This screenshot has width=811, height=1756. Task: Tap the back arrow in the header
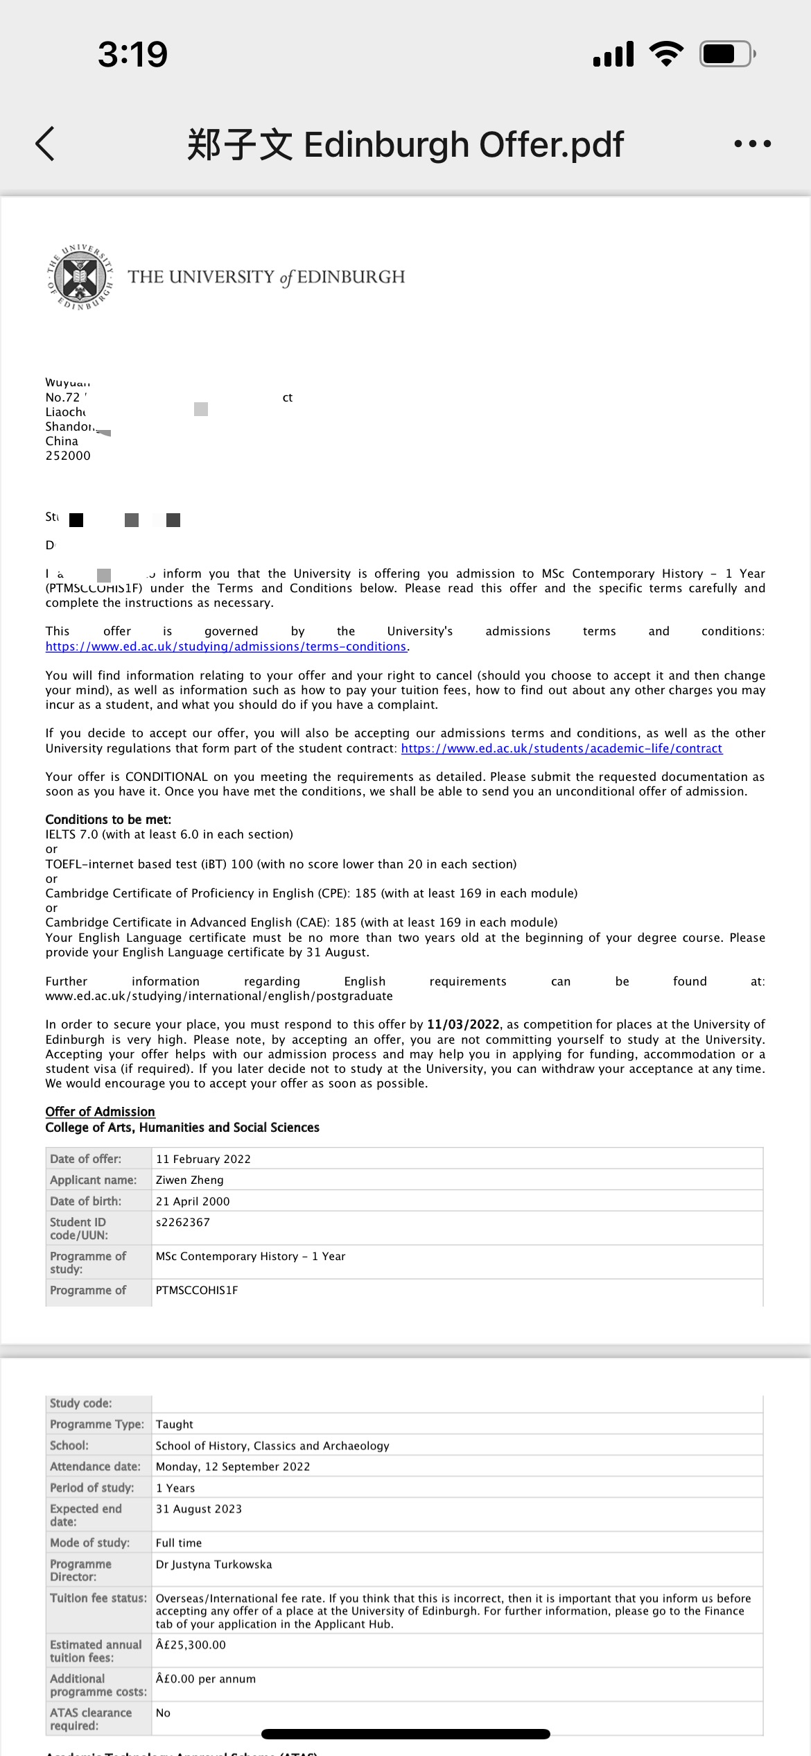tap(45, 144)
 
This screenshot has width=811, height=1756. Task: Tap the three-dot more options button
tap(752, 144)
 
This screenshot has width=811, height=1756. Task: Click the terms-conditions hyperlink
tap(226, 646)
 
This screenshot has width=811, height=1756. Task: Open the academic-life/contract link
tap(561, 748)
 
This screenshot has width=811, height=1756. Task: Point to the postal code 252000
tap(68, 456)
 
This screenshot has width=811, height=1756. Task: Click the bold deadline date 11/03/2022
tap(463, 1024)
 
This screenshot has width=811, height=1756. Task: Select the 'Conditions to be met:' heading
tap(108, 819)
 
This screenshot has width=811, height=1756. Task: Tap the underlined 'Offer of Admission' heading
tap(100, 1111)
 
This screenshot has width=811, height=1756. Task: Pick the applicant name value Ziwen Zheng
tap(190, 1180)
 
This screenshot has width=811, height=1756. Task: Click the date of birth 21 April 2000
tap(193, 1201)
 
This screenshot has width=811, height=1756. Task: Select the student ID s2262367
tap(183, 1222)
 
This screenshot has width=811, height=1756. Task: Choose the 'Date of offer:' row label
tap(85, 1159)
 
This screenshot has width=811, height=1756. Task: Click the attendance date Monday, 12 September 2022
tap(233, 1467)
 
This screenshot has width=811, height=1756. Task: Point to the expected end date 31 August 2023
tap(199, 1509)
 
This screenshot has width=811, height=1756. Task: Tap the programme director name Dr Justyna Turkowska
tap(213, 1564)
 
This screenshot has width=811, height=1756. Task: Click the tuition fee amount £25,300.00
tap(191, 1644)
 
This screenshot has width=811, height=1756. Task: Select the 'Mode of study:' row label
tap(89, 1542)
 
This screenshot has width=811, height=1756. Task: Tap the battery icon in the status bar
tap(726, 53)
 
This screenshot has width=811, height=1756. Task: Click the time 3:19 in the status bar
tap(132, 54)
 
